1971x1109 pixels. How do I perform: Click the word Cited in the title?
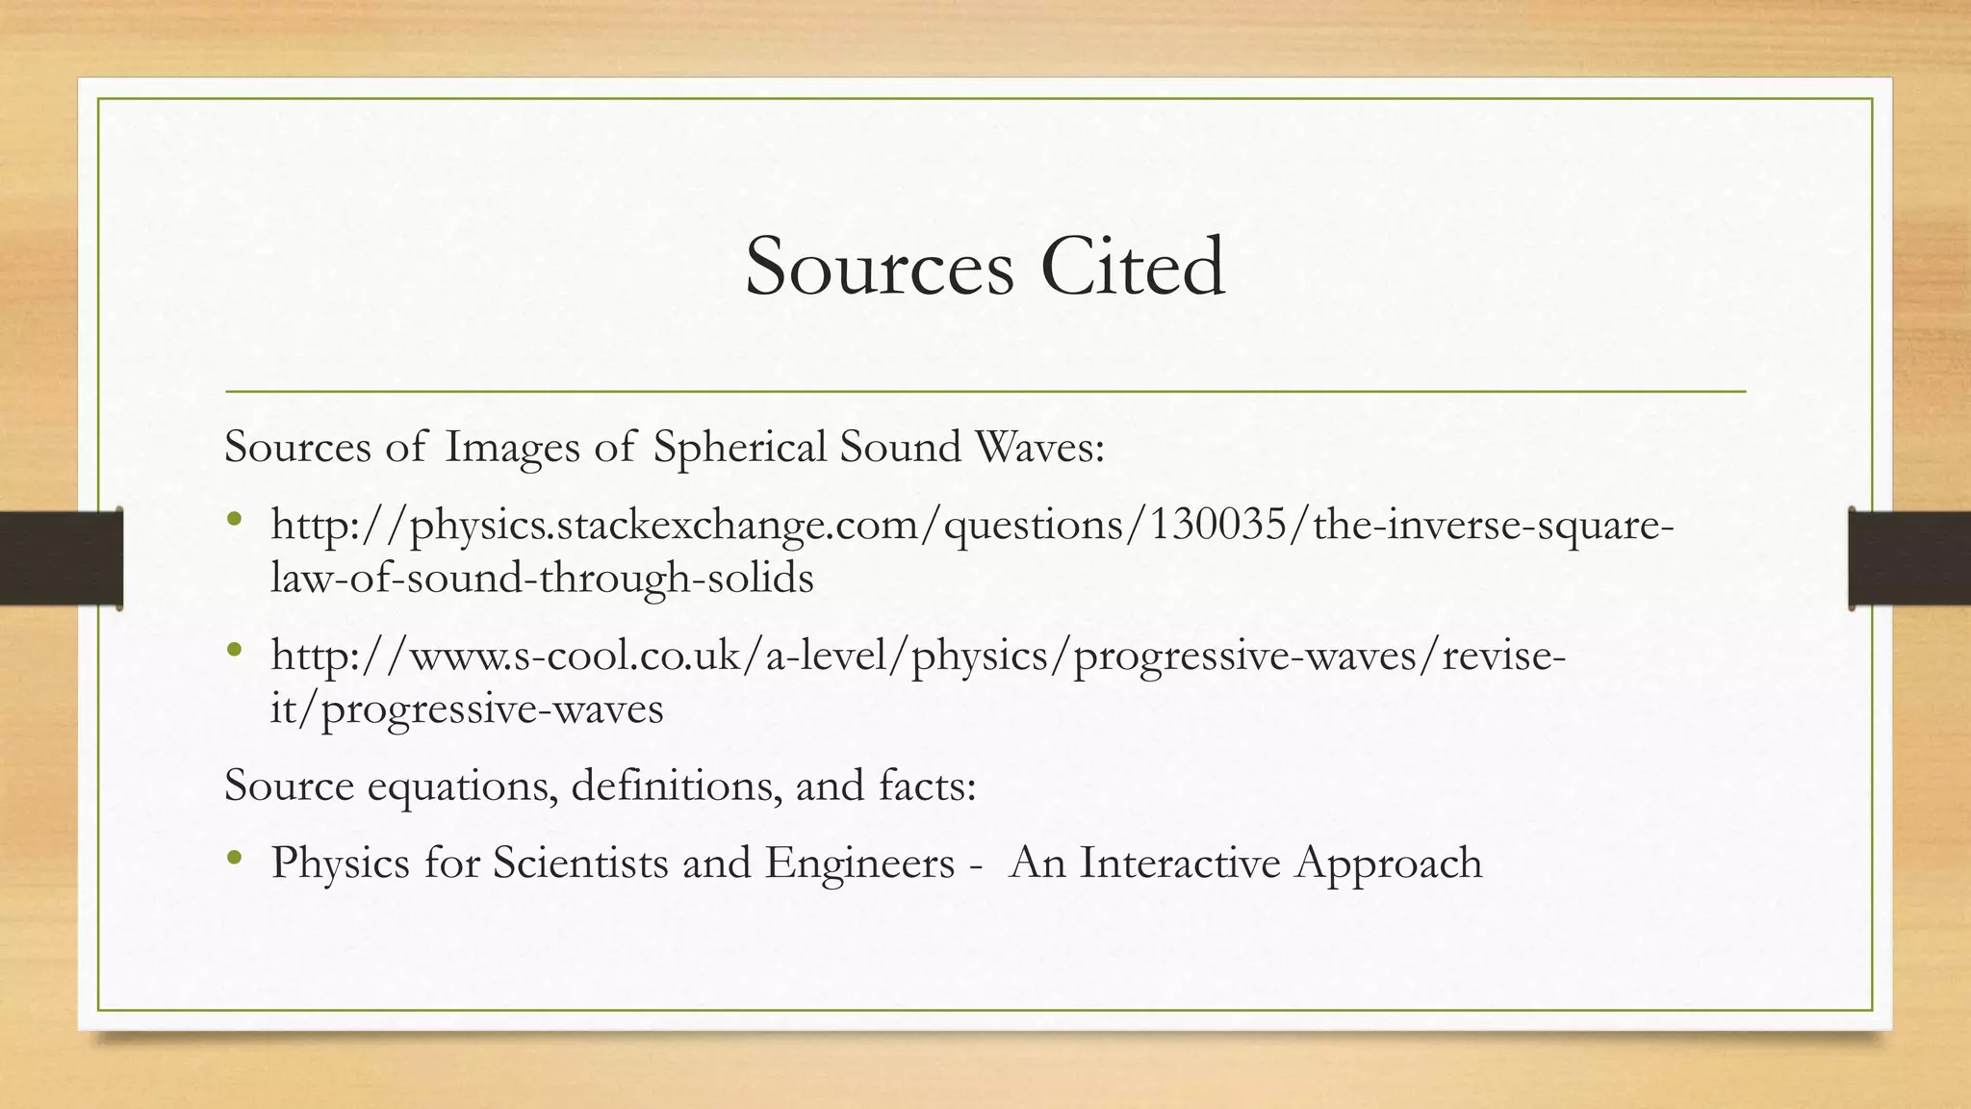coord(1133,267)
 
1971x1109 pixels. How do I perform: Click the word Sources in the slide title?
coord(879,267)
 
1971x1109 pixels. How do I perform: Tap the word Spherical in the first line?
coord(739,447)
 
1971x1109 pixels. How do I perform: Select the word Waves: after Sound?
coord(1039,447)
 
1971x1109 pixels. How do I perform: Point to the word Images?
coord(513,449)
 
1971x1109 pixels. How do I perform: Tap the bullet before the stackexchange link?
coord(234,521)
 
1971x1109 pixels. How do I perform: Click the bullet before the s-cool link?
coord(234,651)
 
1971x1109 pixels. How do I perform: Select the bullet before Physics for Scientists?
coord(234,858)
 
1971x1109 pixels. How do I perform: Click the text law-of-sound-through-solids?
coord(542,578)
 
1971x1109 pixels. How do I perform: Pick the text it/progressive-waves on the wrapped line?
coord(467,709)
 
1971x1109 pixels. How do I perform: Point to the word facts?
coord(927,786)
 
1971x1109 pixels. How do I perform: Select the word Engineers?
coord(859,863)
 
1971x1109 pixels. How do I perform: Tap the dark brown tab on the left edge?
coord(61,558)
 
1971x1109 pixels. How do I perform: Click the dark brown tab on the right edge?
coord(1909,558)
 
